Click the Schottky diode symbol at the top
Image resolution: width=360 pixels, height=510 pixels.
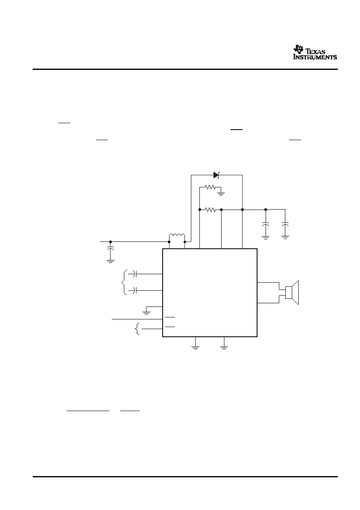[216, 175]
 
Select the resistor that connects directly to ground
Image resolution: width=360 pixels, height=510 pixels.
[210, 187]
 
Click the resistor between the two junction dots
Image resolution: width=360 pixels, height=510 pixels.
[210, 210]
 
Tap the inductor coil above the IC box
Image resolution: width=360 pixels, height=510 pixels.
[177, 236]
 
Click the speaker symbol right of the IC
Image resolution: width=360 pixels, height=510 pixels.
[292, 292]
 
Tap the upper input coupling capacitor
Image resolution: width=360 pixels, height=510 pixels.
[134, 274]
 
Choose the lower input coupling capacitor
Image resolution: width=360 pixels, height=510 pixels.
[134, 290]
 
